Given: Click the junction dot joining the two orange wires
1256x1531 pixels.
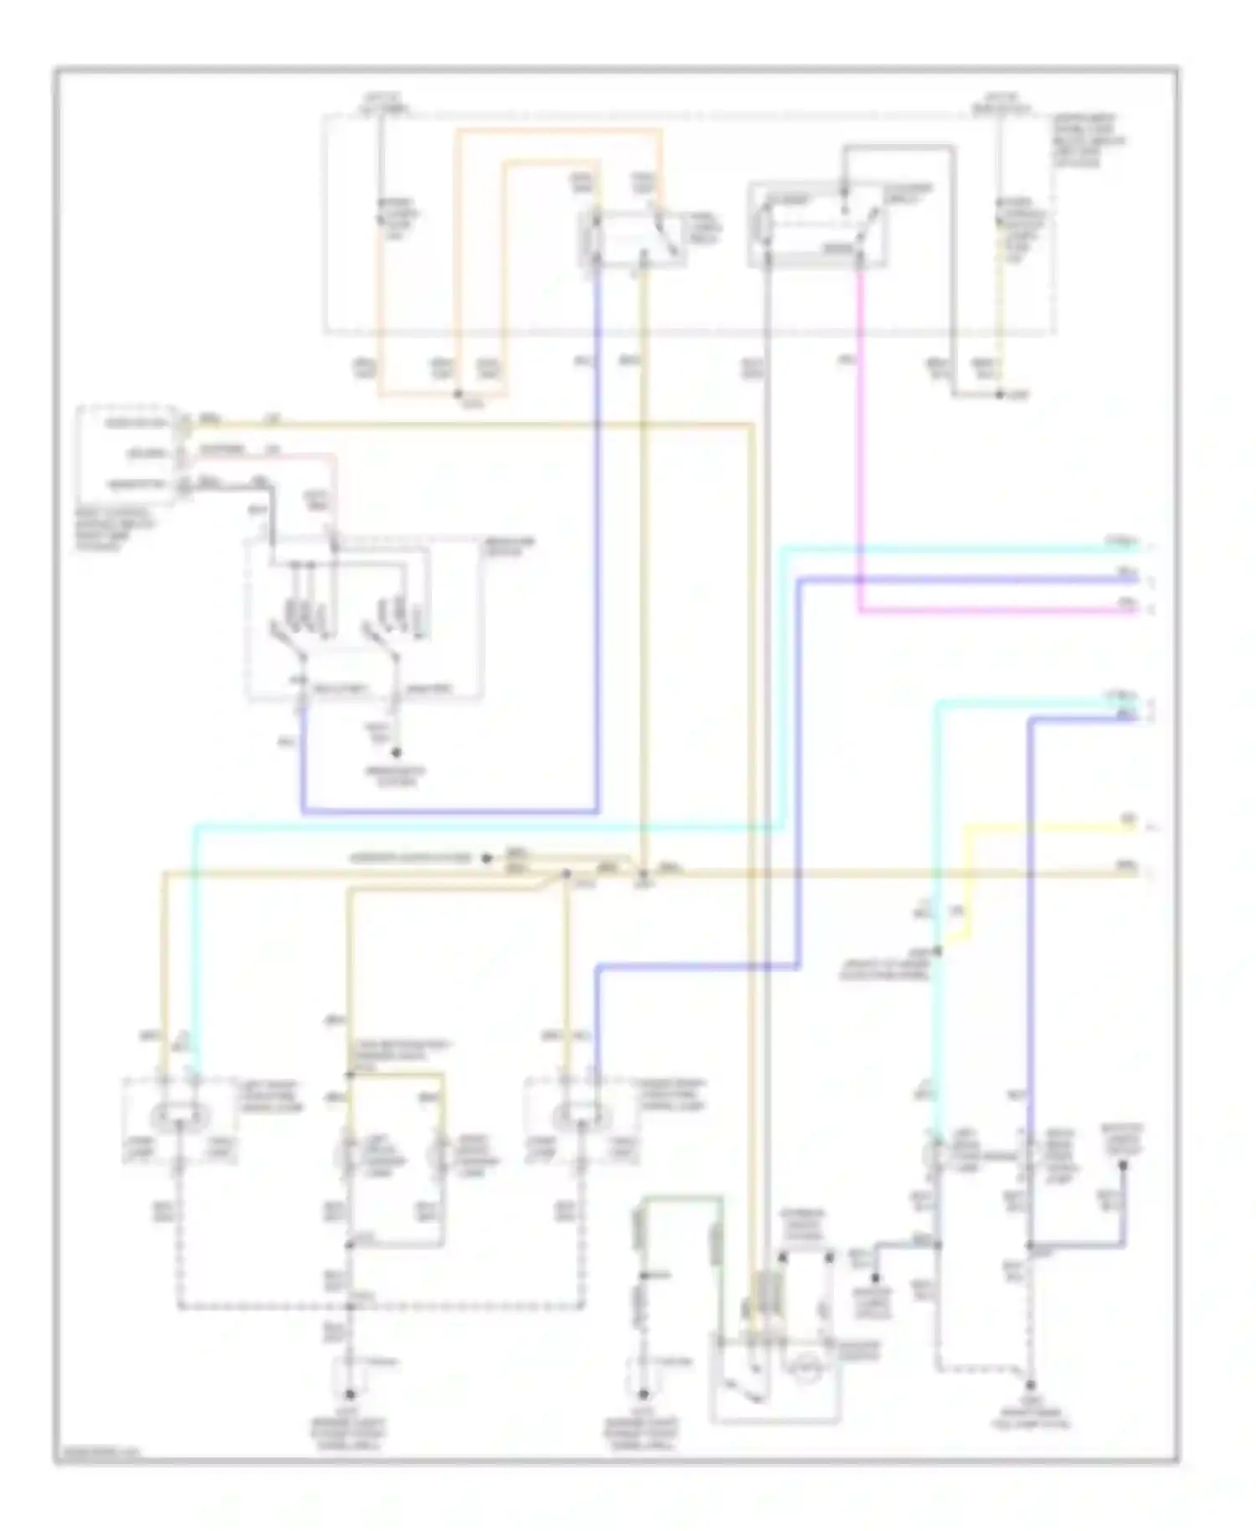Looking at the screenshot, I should point(457,393).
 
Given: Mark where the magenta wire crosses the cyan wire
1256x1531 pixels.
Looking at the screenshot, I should point(859,549).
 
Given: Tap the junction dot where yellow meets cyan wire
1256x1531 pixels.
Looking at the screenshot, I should point(938,951).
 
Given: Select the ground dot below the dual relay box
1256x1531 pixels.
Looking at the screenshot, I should point(397,753).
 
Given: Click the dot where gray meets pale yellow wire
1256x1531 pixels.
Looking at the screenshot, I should point(999,393).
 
